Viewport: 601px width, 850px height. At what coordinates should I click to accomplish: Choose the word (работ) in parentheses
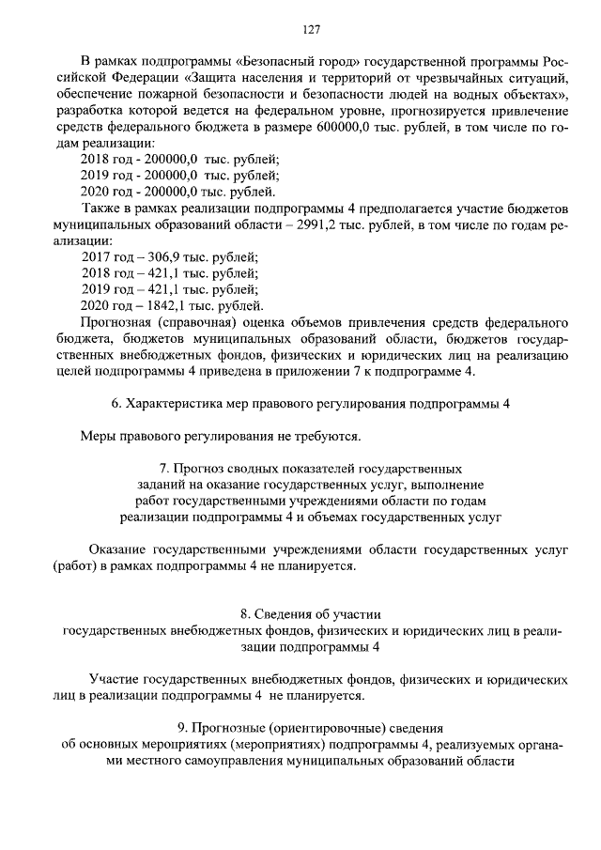point(74,566)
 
